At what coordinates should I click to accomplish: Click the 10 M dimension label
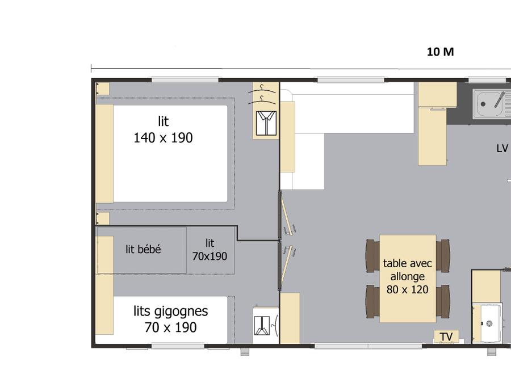click(440, 52)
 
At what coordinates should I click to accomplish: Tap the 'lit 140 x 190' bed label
click(164, 129)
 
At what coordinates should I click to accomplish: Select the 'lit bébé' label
click(144, 249)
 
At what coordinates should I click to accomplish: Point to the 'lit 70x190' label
click(210, 250)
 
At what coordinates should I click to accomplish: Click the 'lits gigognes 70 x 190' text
click(170, 319)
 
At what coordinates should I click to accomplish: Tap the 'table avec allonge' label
click(407, 270)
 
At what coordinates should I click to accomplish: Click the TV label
click(446, 336)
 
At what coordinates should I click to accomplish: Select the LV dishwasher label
click(502, 149)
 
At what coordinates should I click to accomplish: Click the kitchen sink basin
click(488, 104)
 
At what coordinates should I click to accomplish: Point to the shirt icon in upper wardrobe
click(266, 123)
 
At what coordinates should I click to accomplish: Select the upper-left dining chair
click(372, 256)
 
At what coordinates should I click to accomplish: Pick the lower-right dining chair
click(442, 302)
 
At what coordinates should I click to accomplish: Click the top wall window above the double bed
click(185, 80)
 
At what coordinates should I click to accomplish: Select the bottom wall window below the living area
click(368, 346)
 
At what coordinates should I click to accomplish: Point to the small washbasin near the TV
click(488, 323)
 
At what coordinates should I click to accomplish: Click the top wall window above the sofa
click(351, 80)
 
